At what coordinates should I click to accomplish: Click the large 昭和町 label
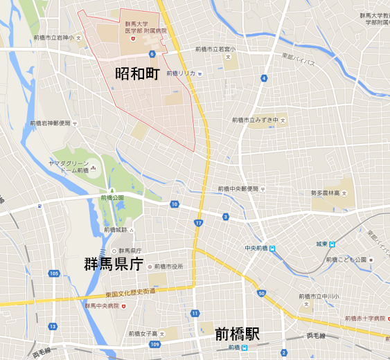click(x=137, y=73)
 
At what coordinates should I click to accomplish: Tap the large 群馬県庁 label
click(x=114, y=264)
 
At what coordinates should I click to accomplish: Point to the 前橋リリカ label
click(x=180, y=72)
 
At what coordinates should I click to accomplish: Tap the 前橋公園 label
click(x=112, y=197)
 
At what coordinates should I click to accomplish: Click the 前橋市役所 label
click(x=168, y=266)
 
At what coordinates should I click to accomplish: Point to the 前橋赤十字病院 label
click(x=365, y=318)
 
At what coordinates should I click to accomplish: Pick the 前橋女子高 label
click(x=143, y=333)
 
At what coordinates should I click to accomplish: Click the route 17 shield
click(x=200, y=223)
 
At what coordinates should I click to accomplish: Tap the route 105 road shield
click(x=54, y=274)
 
